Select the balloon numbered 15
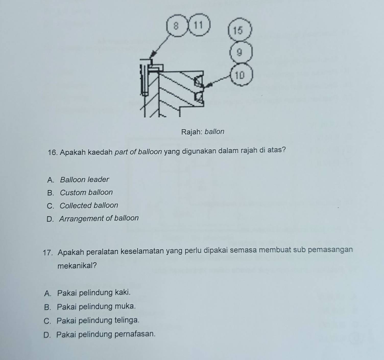tap(240, 30)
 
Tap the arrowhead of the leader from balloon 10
tap(208, 85)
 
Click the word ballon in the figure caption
tap(214, 132)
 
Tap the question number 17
tap(47, 253)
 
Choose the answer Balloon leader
tap(85, 180)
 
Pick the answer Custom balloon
tap(86, 192)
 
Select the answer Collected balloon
tap(89, 205)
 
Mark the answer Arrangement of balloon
tap(99, 218)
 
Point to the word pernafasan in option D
tap(135, 334)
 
